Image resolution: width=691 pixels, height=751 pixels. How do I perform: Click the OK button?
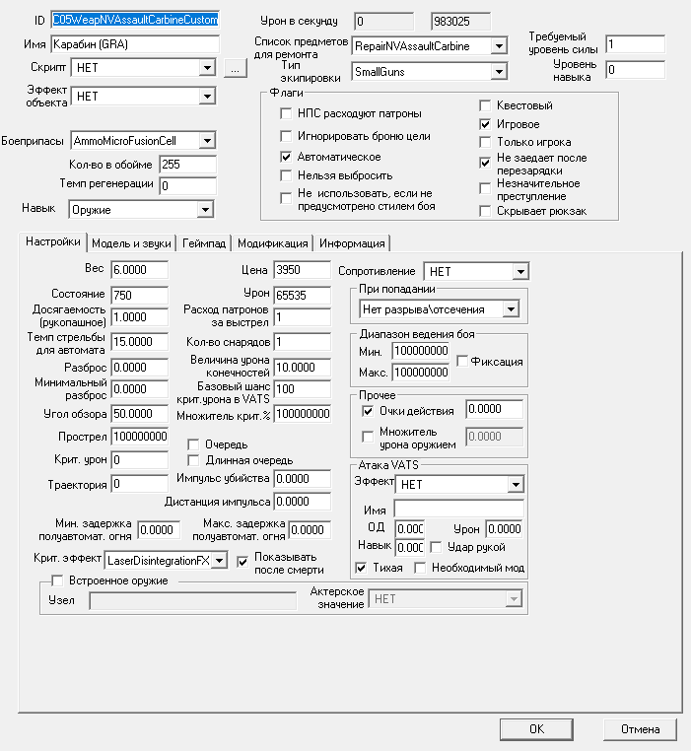point(536,729)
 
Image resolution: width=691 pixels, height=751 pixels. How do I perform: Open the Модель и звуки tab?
point(131,243)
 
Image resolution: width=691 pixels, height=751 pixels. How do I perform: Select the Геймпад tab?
point(204,243)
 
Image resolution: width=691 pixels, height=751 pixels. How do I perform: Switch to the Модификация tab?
point(273,243)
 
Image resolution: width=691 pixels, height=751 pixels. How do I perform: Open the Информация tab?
point(351,243)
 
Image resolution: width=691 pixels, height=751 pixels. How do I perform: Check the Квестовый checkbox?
point(485,105)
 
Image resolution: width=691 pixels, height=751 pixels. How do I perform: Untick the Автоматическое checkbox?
point(286,157)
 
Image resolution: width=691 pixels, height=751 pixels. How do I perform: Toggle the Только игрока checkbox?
point(485,143)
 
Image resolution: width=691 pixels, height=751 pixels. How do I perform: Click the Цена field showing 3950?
point(301,270)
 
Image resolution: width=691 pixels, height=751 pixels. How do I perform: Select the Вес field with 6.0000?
point(139,270)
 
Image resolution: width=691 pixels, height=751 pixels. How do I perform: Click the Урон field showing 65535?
point(301,295)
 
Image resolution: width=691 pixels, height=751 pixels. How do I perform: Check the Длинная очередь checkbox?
point(193,460)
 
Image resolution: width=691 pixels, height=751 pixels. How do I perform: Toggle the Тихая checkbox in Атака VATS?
point(360,568)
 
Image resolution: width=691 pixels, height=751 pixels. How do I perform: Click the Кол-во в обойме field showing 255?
point(186,164)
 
